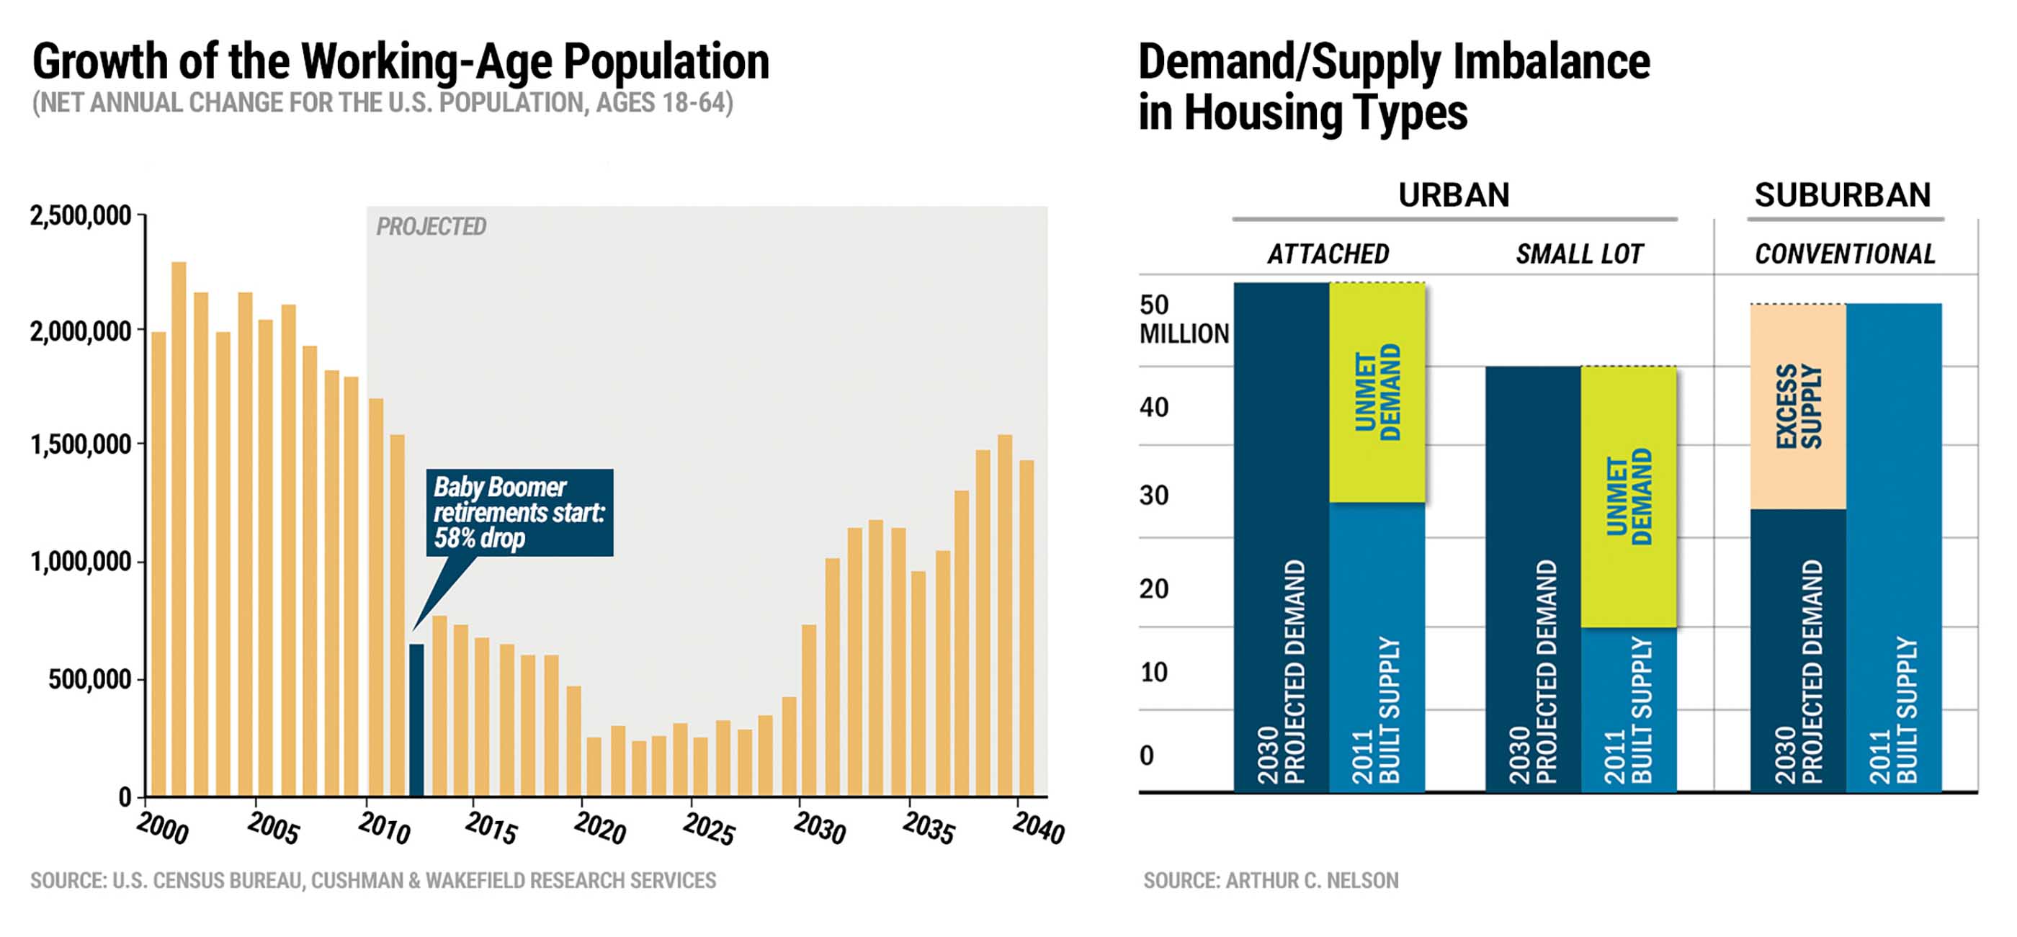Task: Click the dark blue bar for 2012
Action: tap(416, 720)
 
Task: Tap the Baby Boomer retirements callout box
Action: tap(519, 512)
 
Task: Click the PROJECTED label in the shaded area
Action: tap(431, 227)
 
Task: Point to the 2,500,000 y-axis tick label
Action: tap(80, 216)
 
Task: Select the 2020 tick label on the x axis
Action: tap(600, 828)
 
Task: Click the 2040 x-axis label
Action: tap(1038, 828)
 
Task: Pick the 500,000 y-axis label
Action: tap(89, 679)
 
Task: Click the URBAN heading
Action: tap(1453, 195)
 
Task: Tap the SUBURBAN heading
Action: tap(1843, 195)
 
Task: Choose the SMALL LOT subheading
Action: tap(1579, 254)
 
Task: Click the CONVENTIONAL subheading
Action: tap(1845, 254)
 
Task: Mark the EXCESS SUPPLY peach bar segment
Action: tap(1798, 406)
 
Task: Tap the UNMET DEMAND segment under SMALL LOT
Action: tap(1629, 496)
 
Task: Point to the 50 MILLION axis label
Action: tap(1183, 319)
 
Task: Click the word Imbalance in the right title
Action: tap(1551, 62)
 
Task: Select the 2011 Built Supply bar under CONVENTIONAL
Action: tap(1893, 548)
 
